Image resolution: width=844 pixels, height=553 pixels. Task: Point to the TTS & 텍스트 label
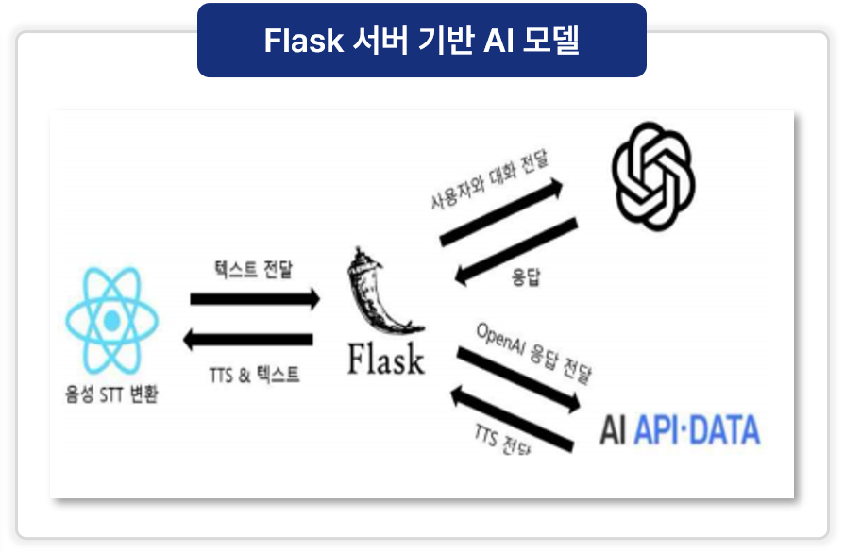(254, 375)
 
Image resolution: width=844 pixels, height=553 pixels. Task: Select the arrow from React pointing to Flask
(255, 299)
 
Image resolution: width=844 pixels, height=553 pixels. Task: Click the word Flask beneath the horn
(386, 360)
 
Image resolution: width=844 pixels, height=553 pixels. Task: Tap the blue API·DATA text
(697, 429)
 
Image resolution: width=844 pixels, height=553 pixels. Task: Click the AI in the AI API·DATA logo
(614, 429)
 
